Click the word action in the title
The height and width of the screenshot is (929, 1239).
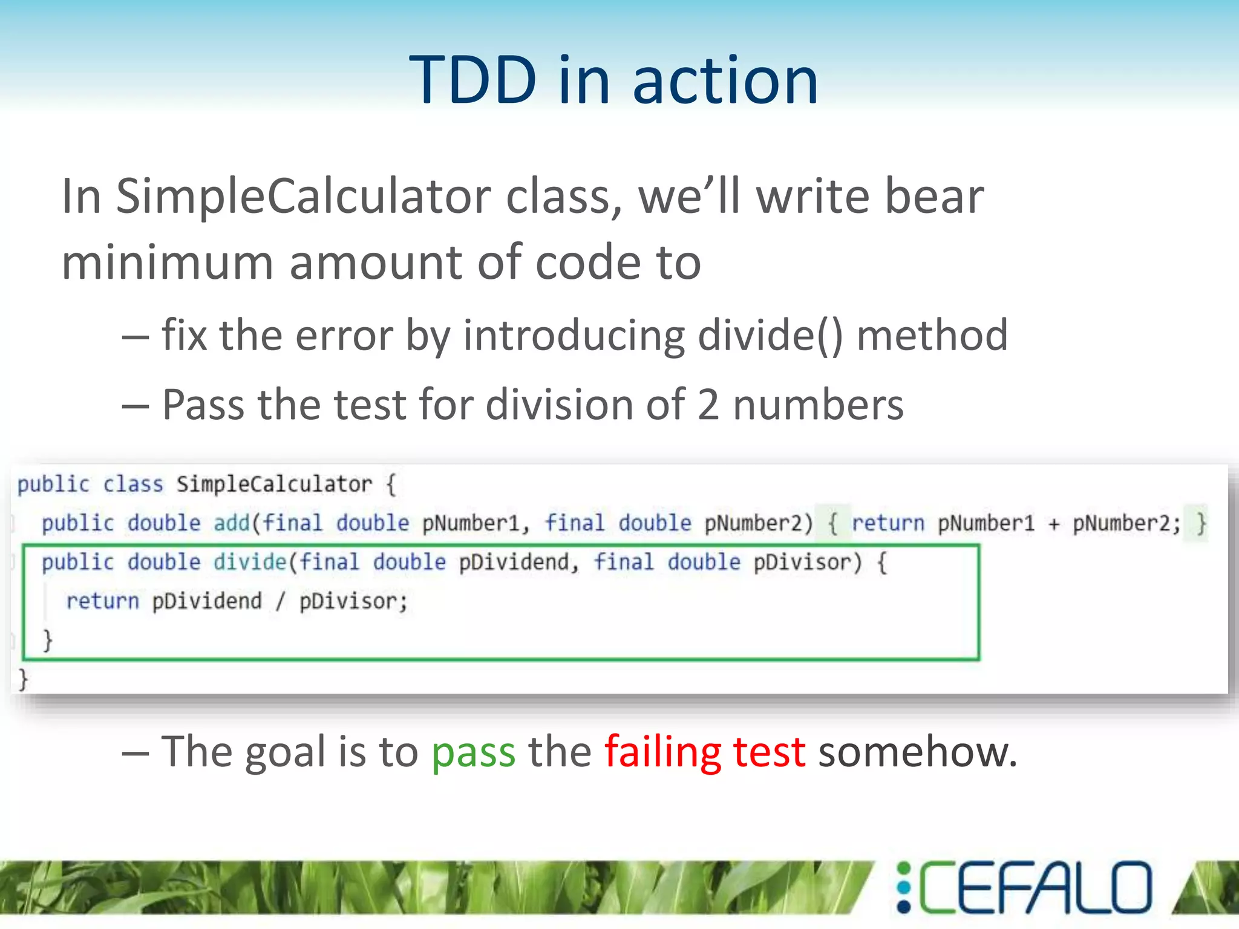point(725,80)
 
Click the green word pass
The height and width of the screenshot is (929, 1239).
point(473,752)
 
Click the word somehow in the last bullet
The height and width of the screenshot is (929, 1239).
point(910,752)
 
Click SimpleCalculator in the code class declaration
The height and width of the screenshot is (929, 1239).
point(274,484)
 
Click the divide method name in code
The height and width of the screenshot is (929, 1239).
point(249,562)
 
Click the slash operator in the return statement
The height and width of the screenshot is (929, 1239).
point(280,602)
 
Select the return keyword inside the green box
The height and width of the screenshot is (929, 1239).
point(102,602)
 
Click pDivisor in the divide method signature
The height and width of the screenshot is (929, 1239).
point(802,562)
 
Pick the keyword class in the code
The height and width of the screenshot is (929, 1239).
point(132,484)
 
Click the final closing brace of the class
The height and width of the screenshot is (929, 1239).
point(23,680)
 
